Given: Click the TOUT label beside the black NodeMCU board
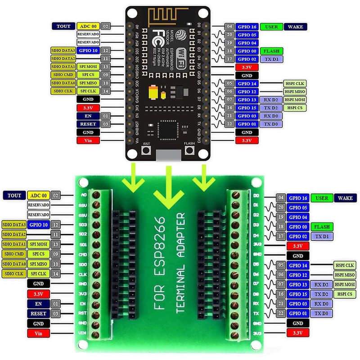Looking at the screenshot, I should [63, 27].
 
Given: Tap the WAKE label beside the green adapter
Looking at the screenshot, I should [345, 198].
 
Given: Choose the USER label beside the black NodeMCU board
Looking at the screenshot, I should [271, 27].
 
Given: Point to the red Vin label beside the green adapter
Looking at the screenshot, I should [38, 333].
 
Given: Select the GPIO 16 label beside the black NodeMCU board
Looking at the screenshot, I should [247, 27].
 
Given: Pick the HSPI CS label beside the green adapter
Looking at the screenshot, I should [345, 294].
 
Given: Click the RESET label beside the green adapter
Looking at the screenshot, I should [38, 314].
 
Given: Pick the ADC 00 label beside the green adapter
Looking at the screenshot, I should [38, 195].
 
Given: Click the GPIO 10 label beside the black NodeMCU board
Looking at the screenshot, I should [88, 50].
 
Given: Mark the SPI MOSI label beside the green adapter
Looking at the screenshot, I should [38, 244].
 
